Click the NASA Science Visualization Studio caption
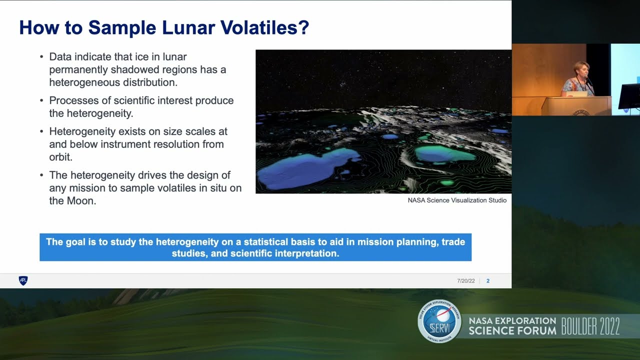coord(457,200)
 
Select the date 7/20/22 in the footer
coord(465,281)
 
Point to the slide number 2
coord(488,281)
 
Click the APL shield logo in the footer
coord(23,280)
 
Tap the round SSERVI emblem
coord(439,321)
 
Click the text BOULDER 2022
coord(590,326)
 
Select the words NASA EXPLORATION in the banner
coord(512,320)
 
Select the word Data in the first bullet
coord(60,57)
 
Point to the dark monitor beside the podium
coord(629,96)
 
